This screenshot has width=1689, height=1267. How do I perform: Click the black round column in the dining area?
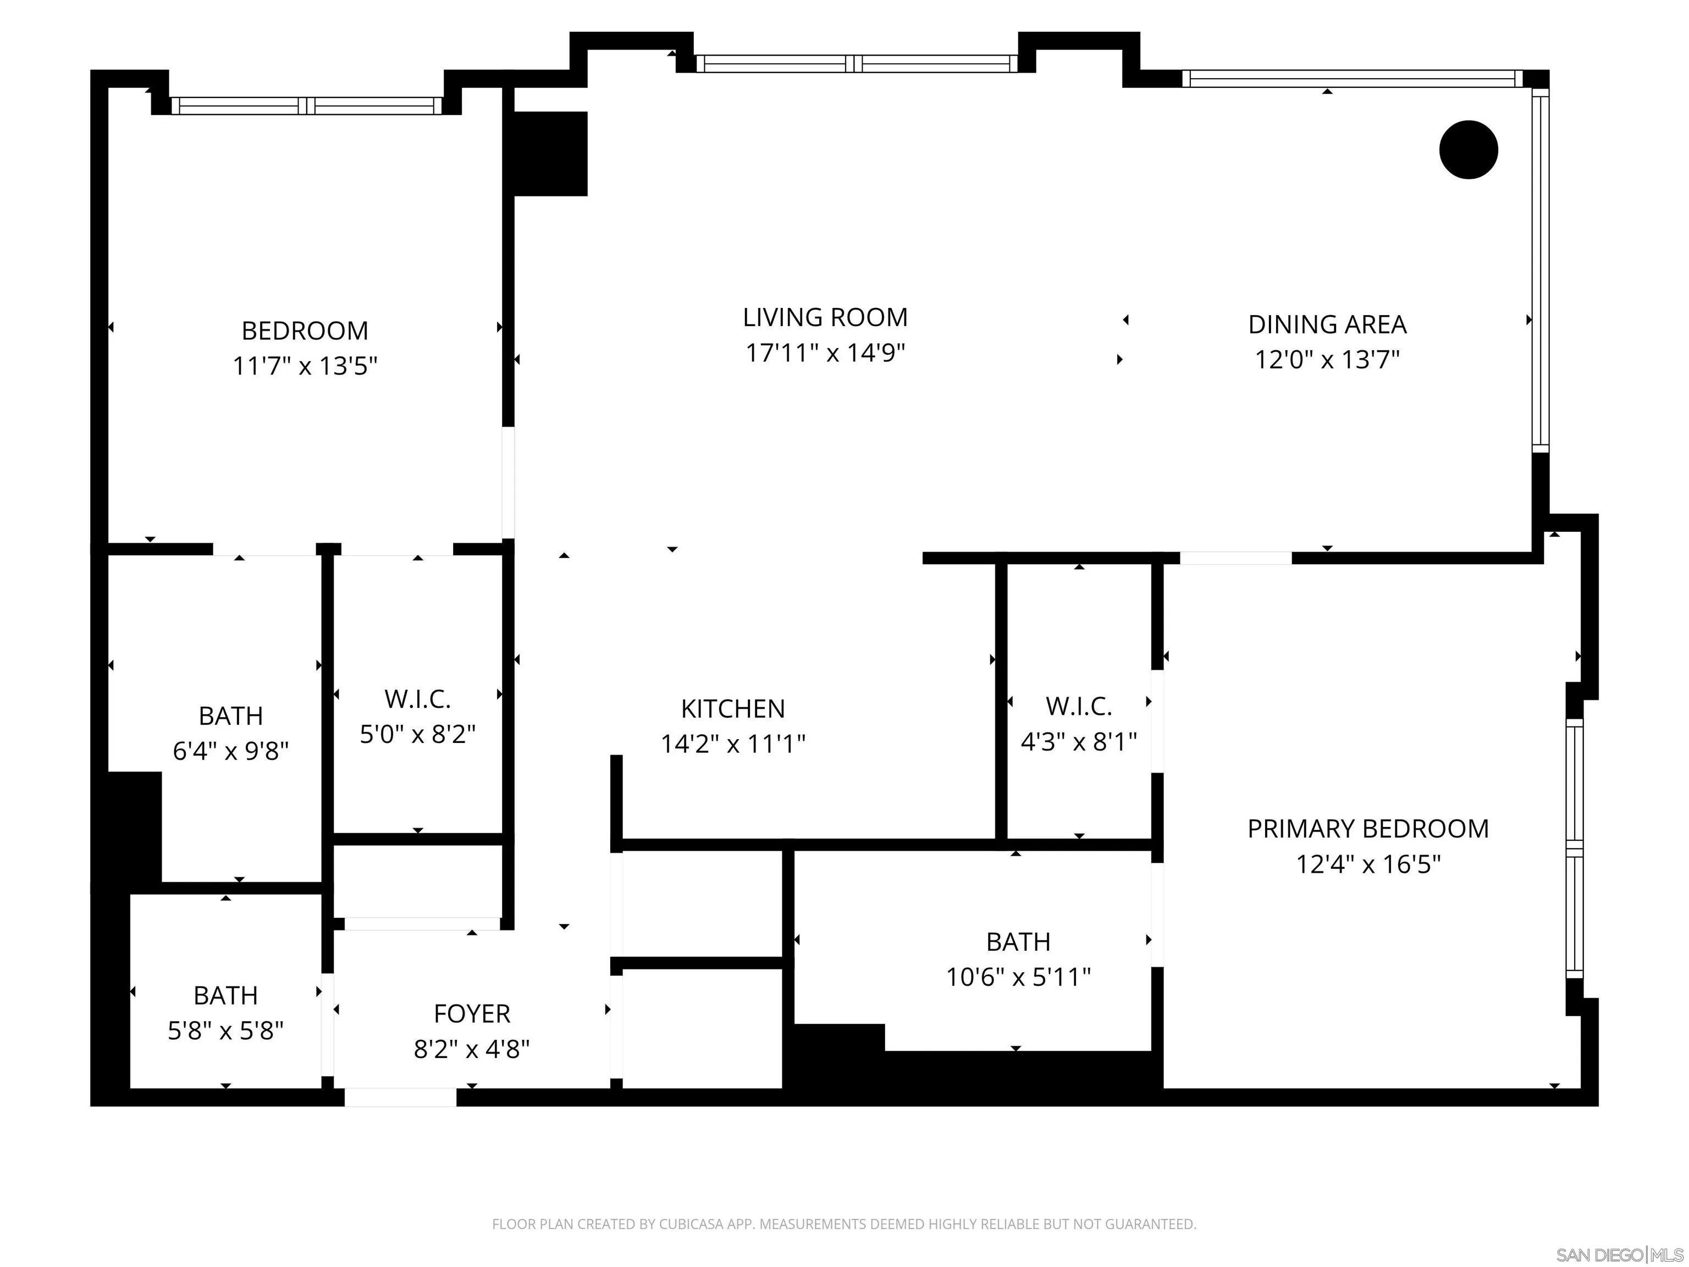(x=1469, y=150)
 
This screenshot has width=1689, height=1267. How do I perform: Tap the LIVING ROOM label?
(x=825, y=317)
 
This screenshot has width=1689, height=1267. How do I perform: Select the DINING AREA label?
(x=1327, y=324)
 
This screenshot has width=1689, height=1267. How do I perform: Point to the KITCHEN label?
(x=733, y=709)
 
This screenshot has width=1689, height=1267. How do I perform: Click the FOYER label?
(x=472, y=1013)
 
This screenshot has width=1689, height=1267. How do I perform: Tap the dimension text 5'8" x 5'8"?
(x=226, y=1031)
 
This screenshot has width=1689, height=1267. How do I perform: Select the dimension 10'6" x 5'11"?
(x=1019, y=977)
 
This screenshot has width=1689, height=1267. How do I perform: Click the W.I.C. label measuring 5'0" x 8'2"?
(x=418, y=699)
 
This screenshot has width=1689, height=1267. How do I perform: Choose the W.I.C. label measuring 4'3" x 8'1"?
(x=1079, y=707)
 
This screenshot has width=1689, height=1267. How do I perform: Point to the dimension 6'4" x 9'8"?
(x=230, y=752)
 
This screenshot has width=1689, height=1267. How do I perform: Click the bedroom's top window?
(x=307, y=106)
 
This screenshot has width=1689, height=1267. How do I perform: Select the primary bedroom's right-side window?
(x=1575, y=849)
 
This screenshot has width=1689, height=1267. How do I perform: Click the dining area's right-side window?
(x=1541, y=267)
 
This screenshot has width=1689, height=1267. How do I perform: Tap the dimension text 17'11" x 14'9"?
(x=825, y=353)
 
